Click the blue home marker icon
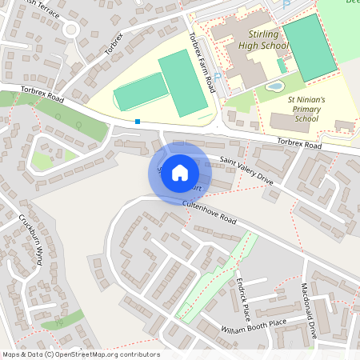pos(180,173)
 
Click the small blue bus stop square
pos(138,122)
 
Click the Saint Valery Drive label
pos(246,172)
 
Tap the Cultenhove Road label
pos(210,212)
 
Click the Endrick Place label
pos(238,296)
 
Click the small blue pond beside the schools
pos(275,86)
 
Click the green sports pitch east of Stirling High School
pos(309,44)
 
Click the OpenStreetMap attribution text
pos(80,354)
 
